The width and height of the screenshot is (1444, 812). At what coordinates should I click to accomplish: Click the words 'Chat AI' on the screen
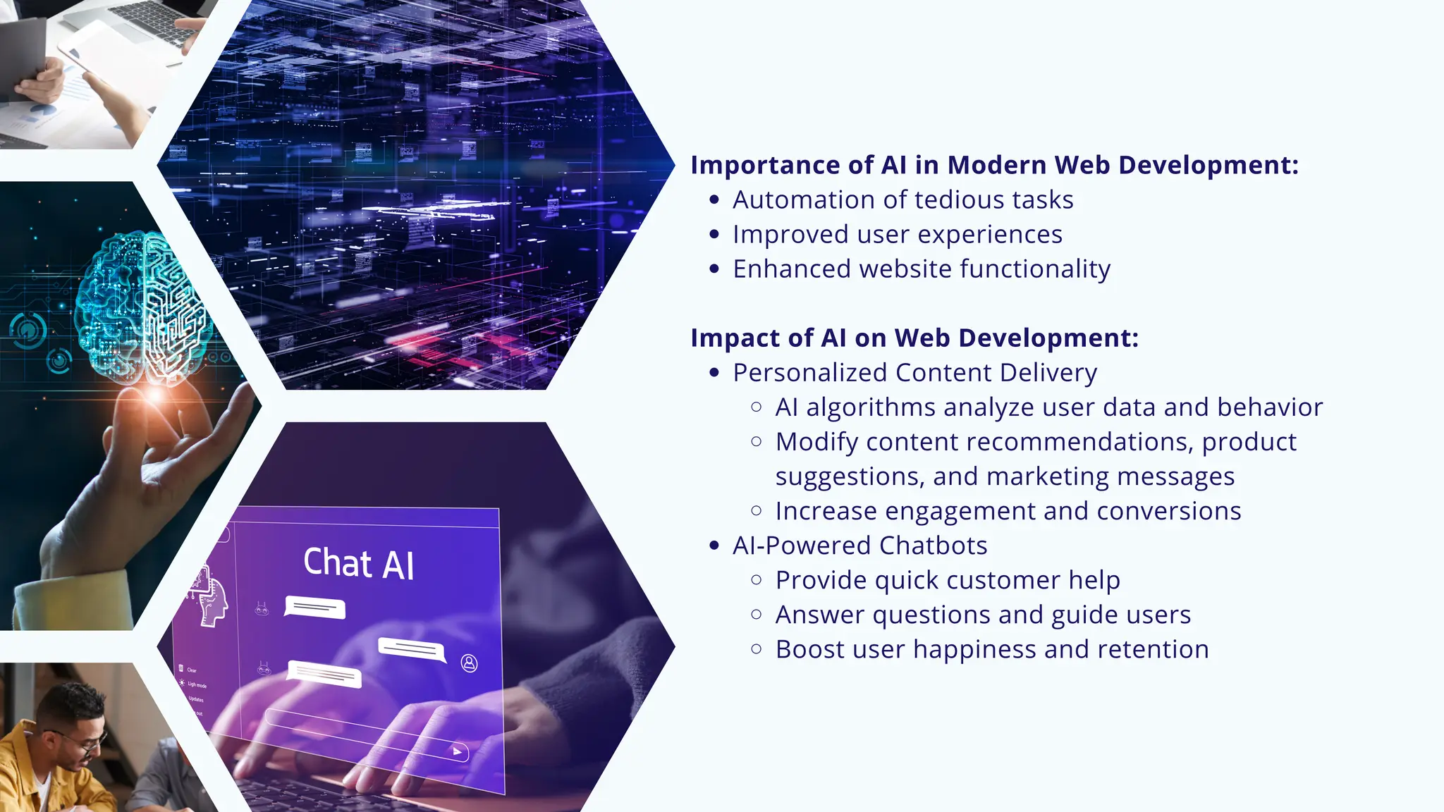click(358, 563)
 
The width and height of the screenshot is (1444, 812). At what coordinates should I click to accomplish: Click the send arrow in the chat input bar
click(458, 751)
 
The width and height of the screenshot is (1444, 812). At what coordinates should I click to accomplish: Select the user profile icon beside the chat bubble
click(470, 663)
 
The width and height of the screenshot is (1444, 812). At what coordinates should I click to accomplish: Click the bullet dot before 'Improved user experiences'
click(715, 235)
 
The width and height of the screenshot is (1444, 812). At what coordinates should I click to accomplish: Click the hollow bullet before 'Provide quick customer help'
click(757, 580)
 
